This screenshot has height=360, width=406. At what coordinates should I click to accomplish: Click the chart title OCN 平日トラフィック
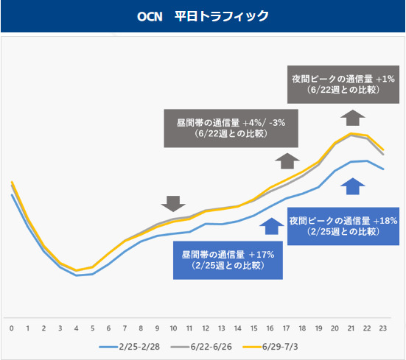[203, 16]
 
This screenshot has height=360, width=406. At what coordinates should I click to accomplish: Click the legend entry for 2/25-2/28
[130, 347]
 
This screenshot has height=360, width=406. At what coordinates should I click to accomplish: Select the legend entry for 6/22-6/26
[201, 347]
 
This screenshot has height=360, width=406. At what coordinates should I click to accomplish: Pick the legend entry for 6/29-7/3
[270, 347]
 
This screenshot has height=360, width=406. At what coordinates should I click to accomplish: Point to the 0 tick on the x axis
[11, 328]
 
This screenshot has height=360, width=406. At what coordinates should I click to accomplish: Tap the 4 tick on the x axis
[76, 328]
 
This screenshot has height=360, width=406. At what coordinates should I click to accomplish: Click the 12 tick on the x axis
[206, 328]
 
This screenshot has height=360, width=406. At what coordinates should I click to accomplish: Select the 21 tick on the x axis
[351, 328]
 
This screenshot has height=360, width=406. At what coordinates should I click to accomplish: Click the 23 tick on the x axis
[383, 328]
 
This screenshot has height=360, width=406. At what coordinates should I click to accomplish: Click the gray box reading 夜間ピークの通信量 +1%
[343, 85]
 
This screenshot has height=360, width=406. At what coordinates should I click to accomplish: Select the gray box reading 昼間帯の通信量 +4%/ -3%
[231, 128]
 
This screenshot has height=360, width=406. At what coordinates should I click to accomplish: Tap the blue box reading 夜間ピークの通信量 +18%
[343, 226]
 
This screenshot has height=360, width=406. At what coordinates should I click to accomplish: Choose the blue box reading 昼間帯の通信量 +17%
[228, 260]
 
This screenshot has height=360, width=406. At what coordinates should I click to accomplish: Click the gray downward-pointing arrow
[173, 203]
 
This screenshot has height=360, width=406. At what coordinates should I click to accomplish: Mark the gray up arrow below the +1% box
[353, 118]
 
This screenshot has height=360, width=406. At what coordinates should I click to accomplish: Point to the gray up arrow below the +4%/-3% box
[287, 161]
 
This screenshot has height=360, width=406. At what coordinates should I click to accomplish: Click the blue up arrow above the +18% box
[353, 186]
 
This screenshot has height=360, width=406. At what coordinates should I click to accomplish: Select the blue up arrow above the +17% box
[272, 226]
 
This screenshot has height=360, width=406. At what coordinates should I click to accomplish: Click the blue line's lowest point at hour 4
[76, 275]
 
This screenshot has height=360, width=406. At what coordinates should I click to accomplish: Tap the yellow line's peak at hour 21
[351, 133]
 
